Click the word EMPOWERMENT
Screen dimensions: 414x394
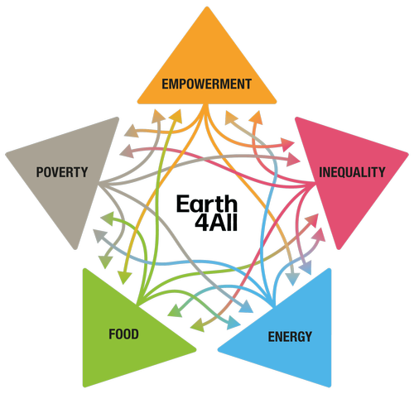pos(206,84)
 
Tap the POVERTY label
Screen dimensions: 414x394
pos(62,172)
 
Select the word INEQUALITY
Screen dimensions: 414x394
pos(352,172)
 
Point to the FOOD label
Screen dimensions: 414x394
pos(123,334)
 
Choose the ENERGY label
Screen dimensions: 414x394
pos(290,337)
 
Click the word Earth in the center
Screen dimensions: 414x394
pos(207,204)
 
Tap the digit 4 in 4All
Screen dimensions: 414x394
pos(201,223)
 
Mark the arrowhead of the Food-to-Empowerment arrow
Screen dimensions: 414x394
pos(176,116)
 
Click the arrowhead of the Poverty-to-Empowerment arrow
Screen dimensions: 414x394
pos(159,116)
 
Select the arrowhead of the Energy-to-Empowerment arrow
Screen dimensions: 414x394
pos(231,118)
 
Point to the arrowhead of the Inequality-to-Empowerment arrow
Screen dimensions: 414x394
pos(256,118)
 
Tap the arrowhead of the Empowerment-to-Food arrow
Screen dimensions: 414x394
pos(124,277)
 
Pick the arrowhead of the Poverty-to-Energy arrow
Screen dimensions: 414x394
pos(247,307)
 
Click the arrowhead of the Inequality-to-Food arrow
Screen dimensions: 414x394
pos(197,324)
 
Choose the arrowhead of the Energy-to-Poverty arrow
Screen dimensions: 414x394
pos(99,236)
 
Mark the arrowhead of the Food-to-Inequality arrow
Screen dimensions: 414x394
pos(312,220)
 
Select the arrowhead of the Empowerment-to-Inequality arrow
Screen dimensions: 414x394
pos(288,144)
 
